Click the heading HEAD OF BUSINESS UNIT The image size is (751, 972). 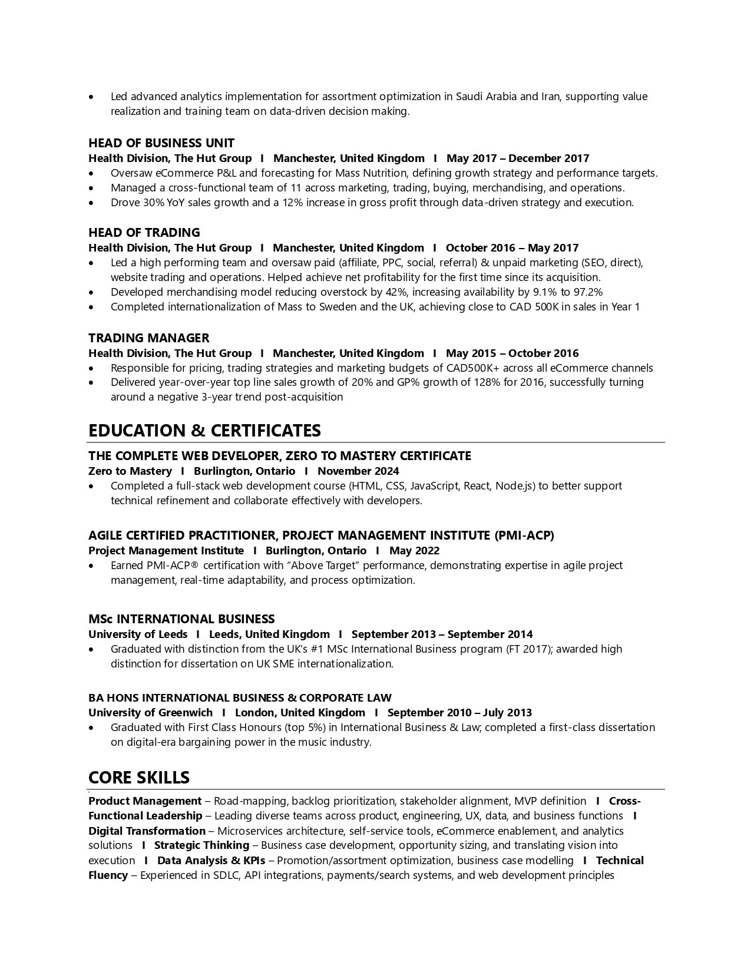[161, 143]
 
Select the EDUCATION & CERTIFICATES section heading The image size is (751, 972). [204, 431]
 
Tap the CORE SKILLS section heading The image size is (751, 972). [139, 778]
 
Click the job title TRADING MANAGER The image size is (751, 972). [148, 338]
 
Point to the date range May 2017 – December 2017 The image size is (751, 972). [518, 158]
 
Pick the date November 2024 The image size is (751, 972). [358, 471]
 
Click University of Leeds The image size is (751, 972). [138, 634]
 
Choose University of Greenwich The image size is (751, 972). [150, 713]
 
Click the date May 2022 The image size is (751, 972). [414, 551]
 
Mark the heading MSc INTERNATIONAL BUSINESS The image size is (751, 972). [181, 619]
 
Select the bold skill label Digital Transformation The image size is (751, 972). [147, 831]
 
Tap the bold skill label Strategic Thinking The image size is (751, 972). [201, 846]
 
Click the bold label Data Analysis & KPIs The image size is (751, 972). [211, 861]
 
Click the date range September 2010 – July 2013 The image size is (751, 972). [459, 713]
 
